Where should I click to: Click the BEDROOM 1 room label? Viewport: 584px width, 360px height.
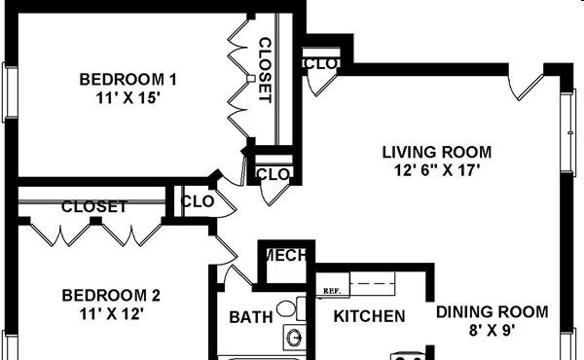click(128, 79)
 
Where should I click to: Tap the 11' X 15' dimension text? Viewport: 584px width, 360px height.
click(128, 98)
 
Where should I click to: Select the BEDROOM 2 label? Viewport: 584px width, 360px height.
click(111, 295)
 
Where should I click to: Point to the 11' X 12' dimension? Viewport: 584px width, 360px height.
click(111, 314)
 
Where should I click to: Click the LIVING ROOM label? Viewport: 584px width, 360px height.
click(437, 152)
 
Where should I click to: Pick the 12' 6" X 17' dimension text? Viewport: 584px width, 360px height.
click(436, 170)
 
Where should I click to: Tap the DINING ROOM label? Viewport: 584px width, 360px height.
click(492, 312)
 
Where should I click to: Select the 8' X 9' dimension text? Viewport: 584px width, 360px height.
click(492, 330)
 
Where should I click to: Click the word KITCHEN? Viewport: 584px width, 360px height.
click(369, 316)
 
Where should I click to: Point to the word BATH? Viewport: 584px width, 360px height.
click(251, 317)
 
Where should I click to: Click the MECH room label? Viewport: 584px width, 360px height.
click(286, 255)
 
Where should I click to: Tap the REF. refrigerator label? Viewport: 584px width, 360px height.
click(332, 291)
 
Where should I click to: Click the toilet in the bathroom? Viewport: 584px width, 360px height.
click(290, 308)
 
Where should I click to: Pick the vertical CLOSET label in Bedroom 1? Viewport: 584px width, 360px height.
click(265, 70)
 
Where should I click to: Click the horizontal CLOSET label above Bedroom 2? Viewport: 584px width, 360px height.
click(94, 206)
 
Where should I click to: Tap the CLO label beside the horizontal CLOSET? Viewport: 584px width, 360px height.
click(198, 201)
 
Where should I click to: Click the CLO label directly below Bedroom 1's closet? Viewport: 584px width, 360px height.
click(273, 174)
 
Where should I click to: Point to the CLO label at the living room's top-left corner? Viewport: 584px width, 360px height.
click(321, 63)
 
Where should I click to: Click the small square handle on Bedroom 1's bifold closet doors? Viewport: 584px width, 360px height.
click(251, 79)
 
